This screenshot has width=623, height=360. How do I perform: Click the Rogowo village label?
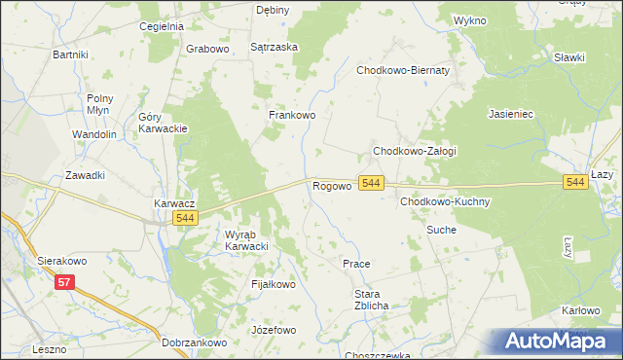[x=331, y=185]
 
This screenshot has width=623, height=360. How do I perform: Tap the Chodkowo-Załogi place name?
[x=415, y=152]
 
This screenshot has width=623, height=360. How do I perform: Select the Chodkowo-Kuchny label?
[x=444, y=201]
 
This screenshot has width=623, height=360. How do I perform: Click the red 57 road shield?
[x=65, y=282]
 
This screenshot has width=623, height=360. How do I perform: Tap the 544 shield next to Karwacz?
[x=187, y=219]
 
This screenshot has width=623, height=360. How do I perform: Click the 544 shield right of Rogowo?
[x=371, y=183]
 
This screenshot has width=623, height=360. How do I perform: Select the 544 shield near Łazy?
[x=575, y=182]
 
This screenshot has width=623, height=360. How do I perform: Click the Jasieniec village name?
[x=511, y=114]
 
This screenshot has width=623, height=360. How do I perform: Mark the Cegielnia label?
[x=162, y=26]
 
